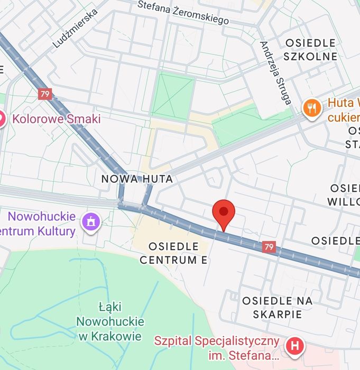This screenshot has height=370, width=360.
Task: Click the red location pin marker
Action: (224, 214)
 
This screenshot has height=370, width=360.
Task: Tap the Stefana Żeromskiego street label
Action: (183, 12)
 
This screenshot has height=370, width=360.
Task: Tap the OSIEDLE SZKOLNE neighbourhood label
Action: (310, 50)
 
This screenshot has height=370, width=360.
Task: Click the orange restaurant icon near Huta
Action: (312, 108)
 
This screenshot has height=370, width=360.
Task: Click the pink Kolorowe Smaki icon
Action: (2, 119)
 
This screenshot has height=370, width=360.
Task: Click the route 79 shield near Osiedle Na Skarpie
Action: (269, 247)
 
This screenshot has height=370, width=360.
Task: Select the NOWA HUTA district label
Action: (137, 179)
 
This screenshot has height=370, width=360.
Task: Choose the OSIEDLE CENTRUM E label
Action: (174, 253)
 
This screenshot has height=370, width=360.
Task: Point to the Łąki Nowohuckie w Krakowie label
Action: (110, 321)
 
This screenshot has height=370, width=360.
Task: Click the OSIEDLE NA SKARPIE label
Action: (277, 307)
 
